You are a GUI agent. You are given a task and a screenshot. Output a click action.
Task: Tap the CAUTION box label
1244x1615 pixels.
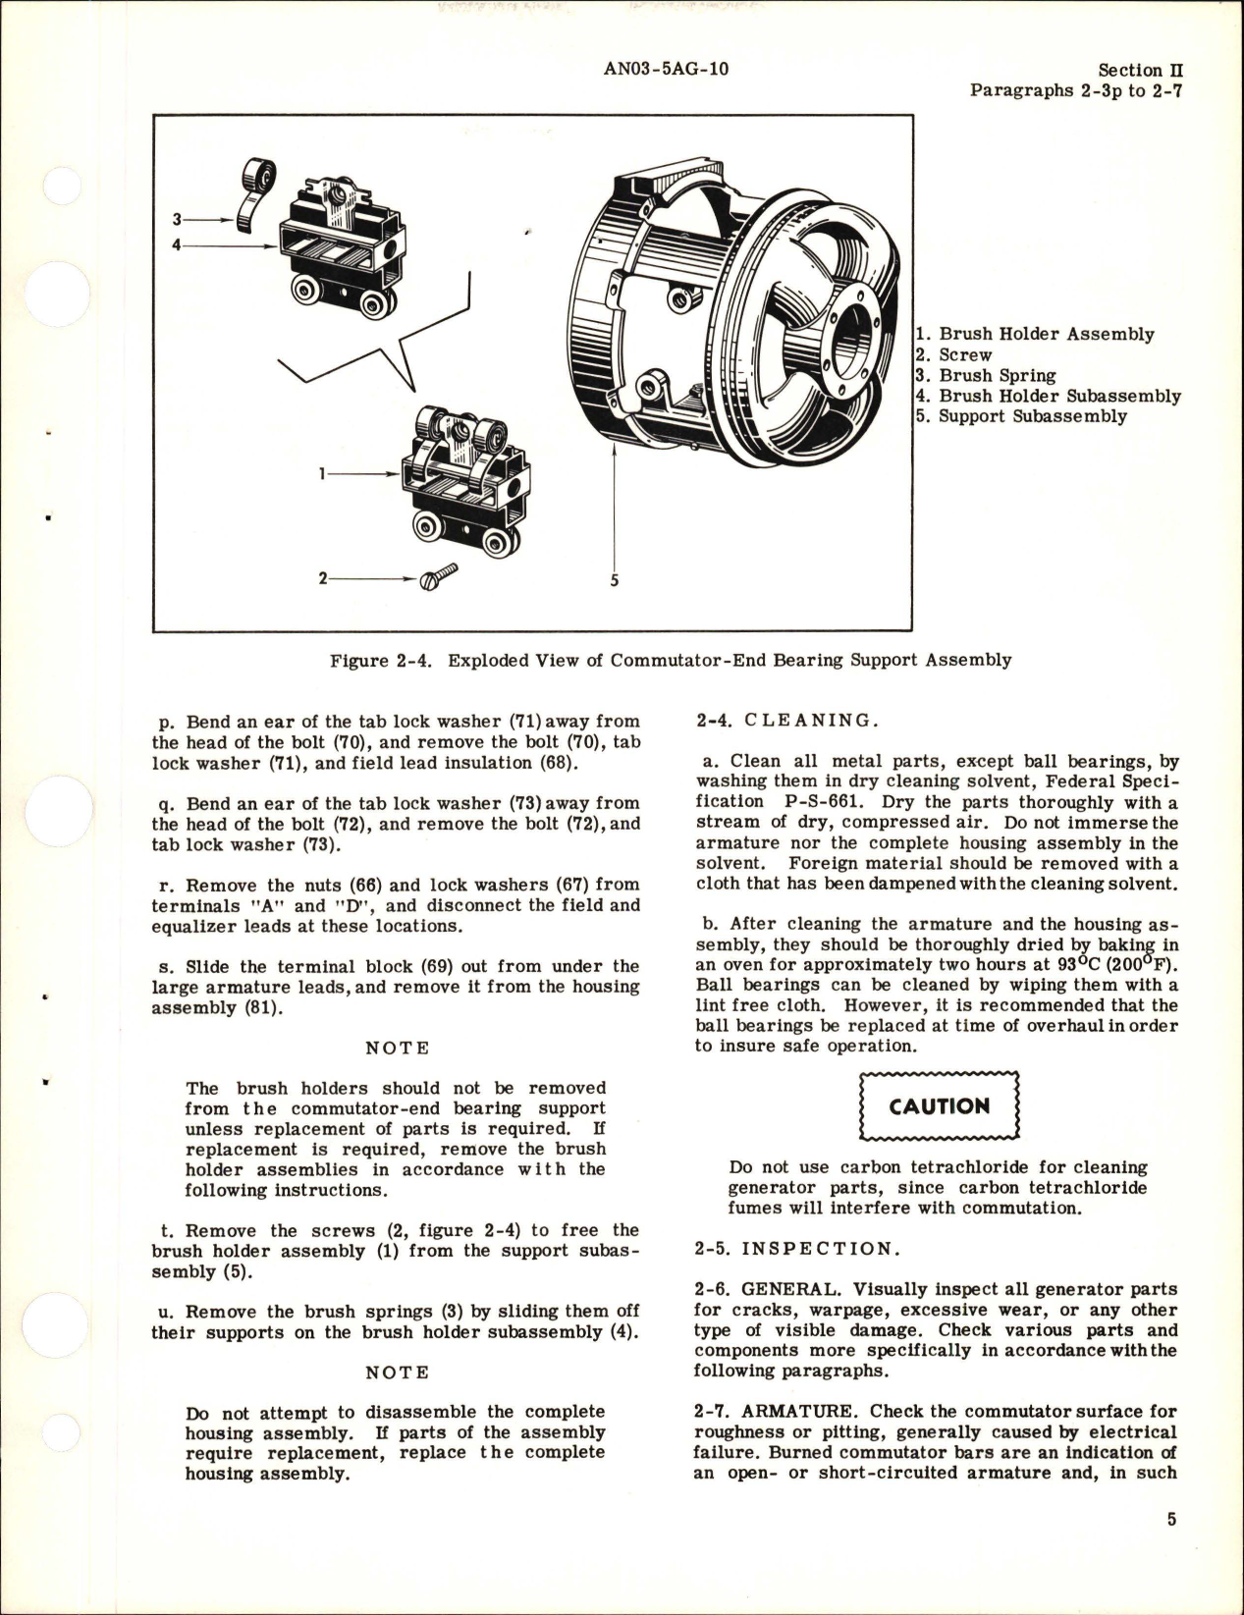click(940, 1106)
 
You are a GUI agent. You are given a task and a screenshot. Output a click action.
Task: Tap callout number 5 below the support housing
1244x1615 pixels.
click(614, 580)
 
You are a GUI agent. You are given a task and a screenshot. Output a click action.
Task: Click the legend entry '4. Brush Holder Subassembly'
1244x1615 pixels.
click(1048, 396)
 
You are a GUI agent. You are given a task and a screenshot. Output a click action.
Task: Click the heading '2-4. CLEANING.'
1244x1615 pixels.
click(784, 720)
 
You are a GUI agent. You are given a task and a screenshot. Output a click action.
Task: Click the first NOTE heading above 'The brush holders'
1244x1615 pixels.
click(397, 1048)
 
